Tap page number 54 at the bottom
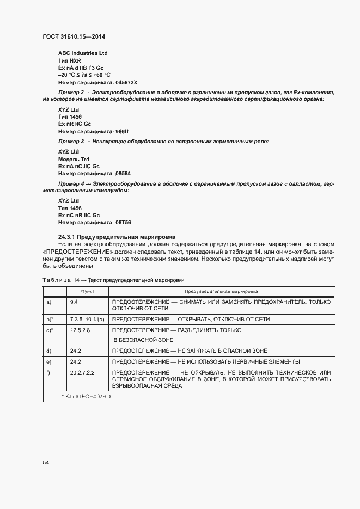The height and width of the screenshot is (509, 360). tap(46, 462)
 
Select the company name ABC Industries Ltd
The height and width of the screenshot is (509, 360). tap(83, 53)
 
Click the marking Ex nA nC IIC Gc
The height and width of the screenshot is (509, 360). tap(79, 165)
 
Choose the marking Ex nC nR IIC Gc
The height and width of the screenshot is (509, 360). tap(79, 216)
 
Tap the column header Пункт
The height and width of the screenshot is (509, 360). tap(87, 292)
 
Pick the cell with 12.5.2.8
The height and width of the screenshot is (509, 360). tap(80, 330)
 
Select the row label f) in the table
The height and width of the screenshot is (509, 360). tap(49, 372)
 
